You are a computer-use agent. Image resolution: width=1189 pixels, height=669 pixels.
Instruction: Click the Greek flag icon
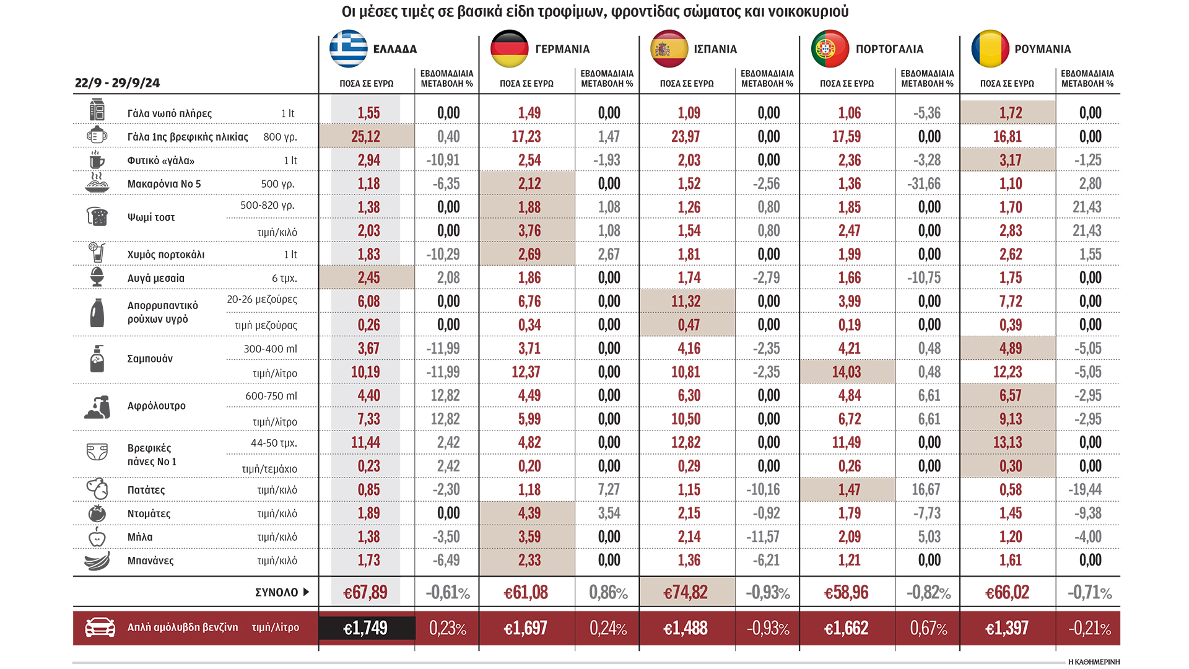tap(349, 48)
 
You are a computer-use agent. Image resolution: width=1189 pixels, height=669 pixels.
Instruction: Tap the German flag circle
tap(509, 48)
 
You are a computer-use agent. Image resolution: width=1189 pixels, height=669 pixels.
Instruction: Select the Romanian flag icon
tap(990, 48)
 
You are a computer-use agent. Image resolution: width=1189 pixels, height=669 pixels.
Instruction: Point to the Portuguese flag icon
tap(830, 48)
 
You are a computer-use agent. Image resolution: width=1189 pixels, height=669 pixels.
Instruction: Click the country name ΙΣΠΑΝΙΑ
tap(715, 49)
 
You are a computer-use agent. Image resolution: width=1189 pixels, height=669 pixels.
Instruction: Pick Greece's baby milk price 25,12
tap(366, 136)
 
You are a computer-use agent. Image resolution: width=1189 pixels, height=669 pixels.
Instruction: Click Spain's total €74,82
tap(686, 593)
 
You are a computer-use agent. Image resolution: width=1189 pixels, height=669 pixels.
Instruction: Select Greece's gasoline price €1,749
tap(365, 628)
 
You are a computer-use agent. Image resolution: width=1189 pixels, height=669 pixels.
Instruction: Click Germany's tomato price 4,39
tap(529, 514)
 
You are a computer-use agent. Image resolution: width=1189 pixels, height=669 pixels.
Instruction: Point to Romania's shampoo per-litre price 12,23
tap(1008, 372)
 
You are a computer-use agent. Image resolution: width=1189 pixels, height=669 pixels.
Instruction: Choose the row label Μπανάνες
tap(150, 561)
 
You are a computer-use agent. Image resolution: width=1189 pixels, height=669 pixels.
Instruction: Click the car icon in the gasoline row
tap(100, 627)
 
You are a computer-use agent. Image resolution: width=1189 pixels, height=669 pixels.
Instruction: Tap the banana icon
tap(97, 561)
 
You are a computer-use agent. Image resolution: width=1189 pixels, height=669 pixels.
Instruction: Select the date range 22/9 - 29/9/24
tap(117, 83)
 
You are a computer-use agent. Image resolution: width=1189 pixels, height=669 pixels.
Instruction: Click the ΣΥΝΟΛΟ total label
tap(277, 592)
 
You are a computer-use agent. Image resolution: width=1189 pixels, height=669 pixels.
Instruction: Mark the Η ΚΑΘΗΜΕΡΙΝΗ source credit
tap(1094, 662)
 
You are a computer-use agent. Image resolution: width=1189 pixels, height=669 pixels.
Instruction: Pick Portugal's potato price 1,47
tap(849, 490)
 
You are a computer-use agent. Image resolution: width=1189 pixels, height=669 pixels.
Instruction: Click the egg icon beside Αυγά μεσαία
tap(97, 278)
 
